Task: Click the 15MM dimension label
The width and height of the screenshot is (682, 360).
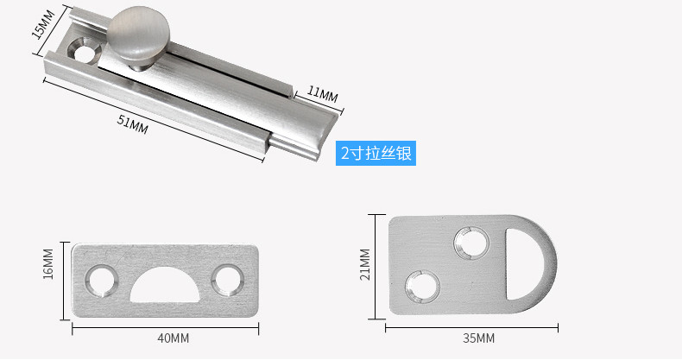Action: [44, 25]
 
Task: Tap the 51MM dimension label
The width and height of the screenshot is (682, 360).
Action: [133, 124]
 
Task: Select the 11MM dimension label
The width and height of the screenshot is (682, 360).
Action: [322, 93]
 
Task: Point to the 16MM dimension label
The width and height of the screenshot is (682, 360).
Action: [48, 264]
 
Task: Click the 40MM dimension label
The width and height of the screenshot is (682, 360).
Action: [174, 338]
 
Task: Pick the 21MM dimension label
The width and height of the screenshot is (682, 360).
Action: [364, 264]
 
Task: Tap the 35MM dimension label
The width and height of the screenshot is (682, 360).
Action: [478, 338]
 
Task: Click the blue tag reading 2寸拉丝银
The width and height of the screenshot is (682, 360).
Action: [376, 153]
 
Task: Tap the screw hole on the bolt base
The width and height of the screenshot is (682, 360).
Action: [84, 51]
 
